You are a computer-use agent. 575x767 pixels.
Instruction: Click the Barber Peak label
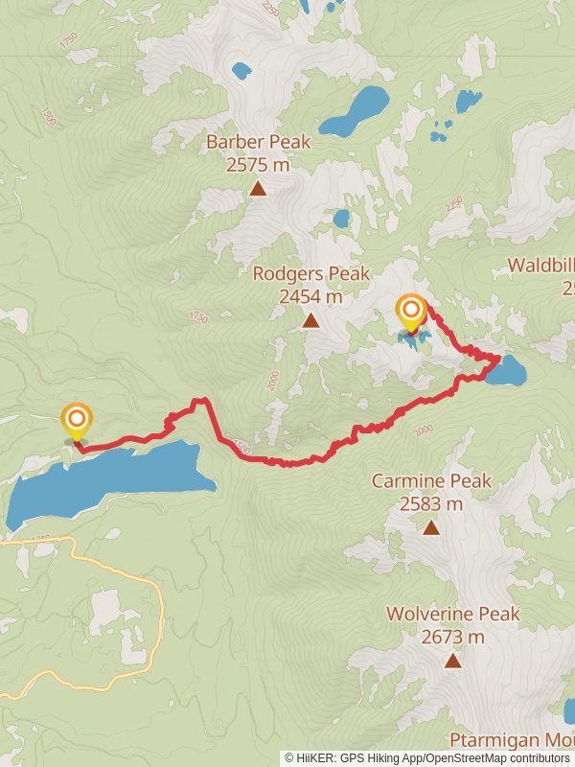[258, 142]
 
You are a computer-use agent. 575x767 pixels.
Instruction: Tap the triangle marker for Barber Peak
[258, 188]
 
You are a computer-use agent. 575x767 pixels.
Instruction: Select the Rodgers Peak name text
[310, 274]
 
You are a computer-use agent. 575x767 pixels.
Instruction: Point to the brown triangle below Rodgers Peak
[310, 320]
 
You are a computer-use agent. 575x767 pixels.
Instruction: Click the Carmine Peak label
[431, 480]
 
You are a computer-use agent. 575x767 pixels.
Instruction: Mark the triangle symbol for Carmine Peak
[431, 527]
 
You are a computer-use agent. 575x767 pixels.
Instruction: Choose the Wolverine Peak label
[452, 614]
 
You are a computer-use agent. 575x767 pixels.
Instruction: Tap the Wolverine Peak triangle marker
[452, 660]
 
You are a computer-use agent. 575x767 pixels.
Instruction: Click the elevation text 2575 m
[258, 165]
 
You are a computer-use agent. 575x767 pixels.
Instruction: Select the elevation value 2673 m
[452, 636]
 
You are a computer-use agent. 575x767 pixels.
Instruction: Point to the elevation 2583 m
[431, 503]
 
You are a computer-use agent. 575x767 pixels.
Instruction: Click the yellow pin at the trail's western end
[76, 422]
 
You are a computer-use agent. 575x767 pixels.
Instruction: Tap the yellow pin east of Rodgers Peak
[411, 312]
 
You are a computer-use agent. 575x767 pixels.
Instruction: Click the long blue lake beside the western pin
[105, 479]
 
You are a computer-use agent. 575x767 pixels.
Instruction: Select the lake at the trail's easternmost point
[505, 370]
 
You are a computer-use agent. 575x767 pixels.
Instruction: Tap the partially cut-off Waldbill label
[541, 266]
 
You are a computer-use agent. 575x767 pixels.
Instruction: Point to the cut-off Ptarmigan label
[513, 741]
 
